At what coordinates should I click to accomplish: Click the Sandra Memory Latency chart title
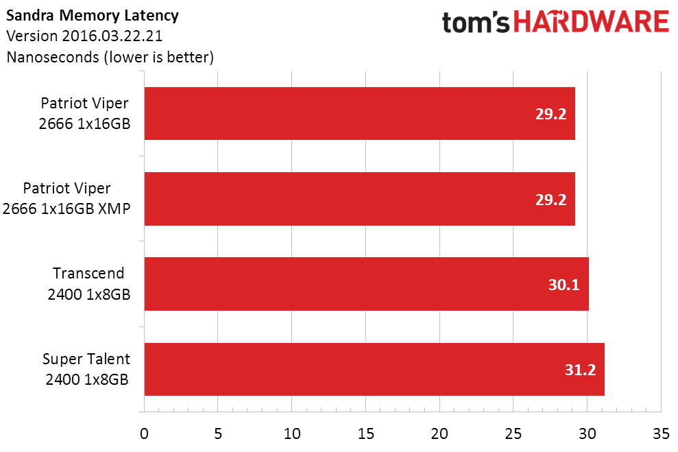click(x=92, y=16)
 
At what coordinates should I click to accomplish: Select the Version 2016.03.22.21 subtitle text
click(x=84, y=36)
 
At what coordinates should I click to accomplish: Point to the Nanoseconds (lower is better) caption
click(x=110, y=57)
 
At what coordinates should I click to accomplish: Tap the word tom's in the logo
click(x=475, y=22)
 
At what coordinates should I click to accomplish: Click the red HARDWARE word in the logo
click(x=591, y=22)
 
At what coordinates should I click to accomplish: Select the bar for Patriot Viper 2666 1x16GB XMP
click(x=359, y=199)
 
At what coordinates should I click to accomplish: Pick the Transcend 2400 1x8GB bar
click(x=366, y=284)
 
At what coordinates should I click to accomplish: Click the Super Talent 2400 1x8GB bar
click(x=374, y=370)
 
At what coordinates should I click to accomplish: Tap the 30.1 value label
click(x=564, y=285)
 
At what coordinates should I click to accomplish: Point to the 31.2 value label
click(x=580, y=370)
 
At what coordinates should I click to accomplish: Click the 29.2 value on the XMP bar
click(x=550, y=200)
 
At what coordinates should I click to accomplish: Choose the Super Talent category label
click(x=86, y=369)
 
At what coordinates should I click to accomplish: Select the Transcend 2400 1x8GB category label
click(x=88, y=284)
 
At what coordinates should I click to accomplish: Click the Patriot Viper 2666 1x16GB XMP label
click(x=66, y=198)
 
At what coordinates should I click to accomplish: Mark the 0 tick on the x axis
click(x=145, y=434)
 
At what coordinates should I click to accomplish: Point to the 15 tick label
click(x=365, y=434)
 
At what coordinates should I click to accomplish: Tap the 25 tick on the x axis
click(x=513, y=434)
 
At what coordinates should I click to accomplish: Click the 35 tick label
click(x=661, y=434)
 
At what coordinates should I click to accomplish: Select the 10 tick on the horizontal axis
click(x=292, y=434)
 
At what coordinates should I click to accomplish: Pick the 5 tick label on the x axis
click(x=218, y=434)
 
